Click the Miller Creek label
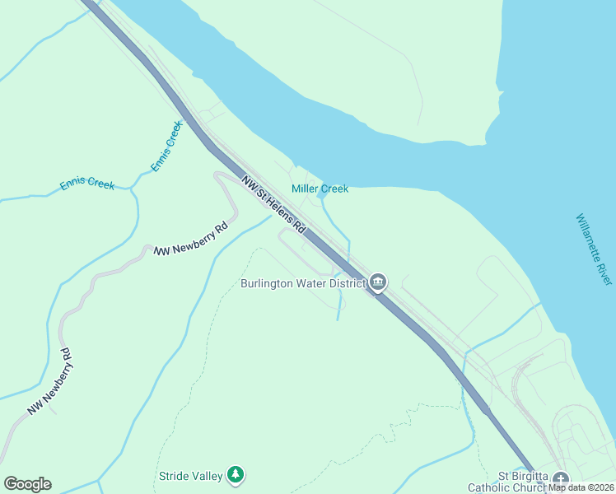click(x=320, y=189)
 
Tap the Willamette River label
click(x=594, y=250)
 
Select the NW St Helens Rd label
click(x=273, y=206)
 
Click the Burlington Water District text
click(x=302, y=284)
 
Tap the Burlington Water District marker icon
click(x=378, y=282)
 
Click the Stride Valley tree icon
click(x=236, y=474)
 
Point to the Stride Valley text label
click(x=190, y=476)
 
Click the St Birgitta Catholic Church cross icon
click(x=561, y=478)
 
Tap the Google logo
click(x=27, y=484)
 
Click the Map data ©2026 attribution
click(x=581, y=487)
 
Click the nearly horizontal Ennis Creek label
click(x=87, y=184)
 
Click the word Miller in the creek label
click(x=304, y=189)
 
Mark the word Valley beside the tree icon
click(x=207, y=476)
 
